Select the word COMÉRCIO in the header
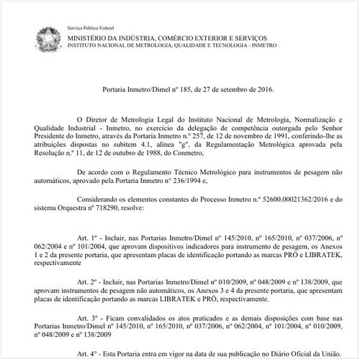(177, 36)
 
